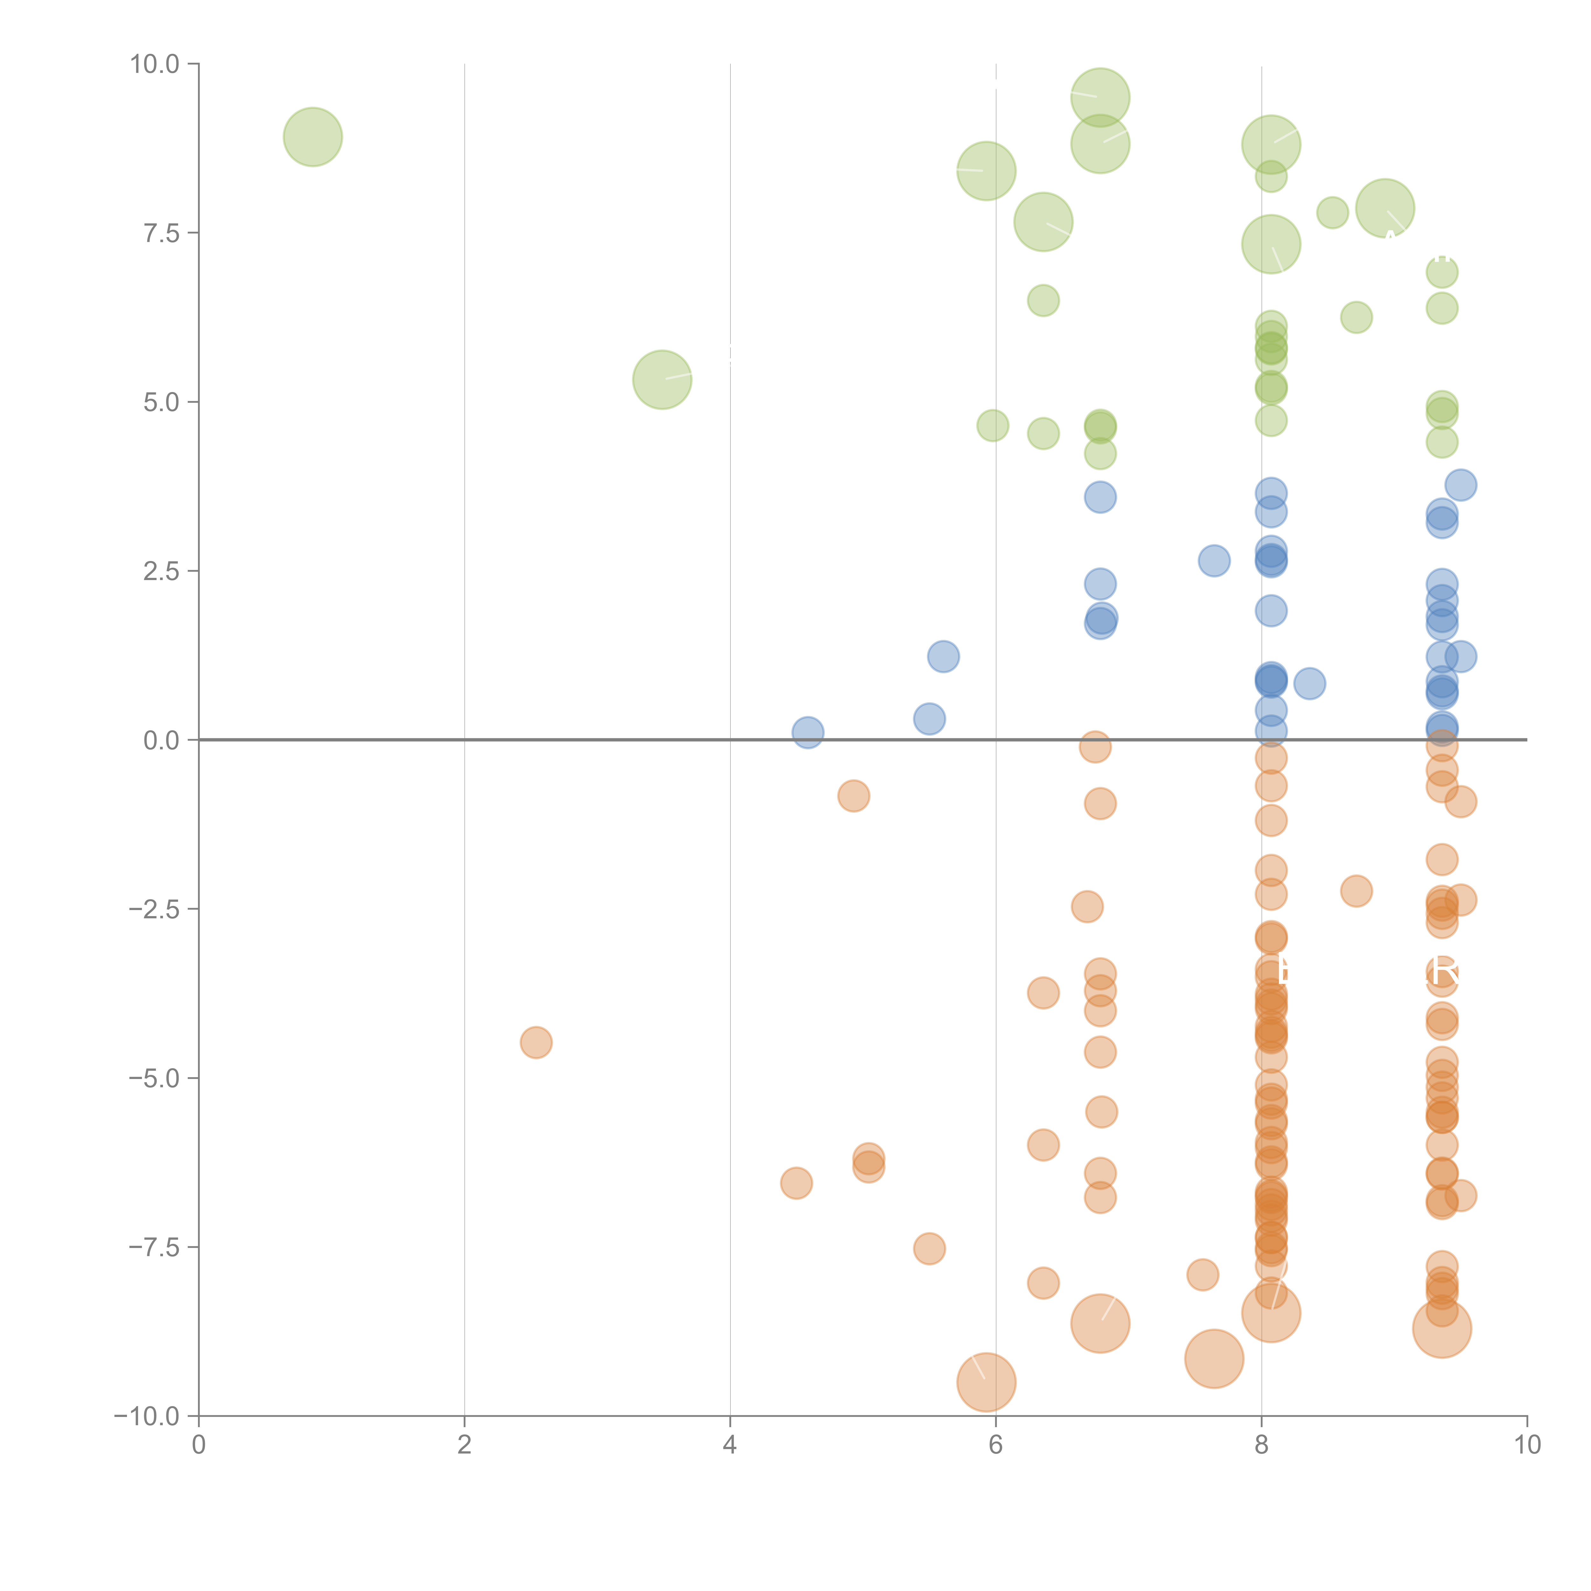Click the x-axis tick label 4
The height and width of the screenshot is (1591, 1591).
[x=730, y=1445]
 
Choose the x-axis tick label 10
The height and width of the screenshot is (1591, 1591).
[x=1527, y=1445]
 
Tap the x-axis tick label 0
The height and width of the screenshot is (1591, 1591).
[x=199, y=1445]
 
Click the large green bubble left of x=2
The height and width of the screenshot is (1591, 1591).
[x=313, y=137]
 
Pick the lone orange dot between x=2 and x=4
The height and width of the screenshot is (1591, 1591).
[x=536, y=1042]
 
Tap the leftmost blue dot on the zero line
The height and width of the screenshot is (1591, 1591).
[x=808, y=732]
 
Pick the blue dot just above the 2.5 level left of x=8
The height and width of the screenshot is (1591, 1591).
[x=1214, y=561]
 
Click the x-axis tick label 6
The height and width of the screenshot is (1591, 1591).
[x=996, y=1445]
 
